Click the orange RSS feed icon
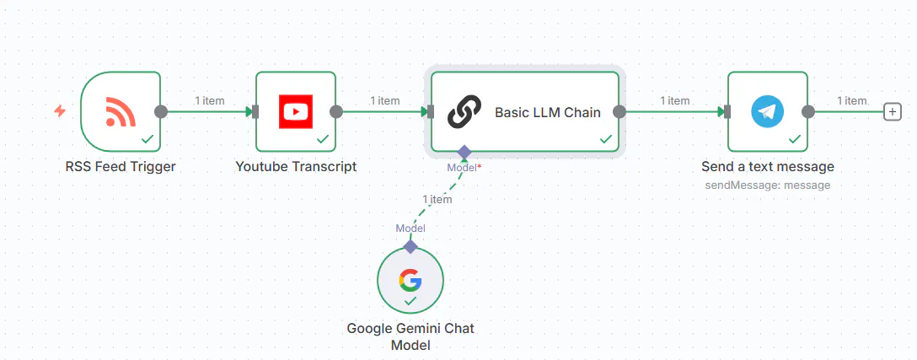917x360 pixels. pos(121,111)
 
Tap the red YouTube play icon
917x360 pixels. pos(296,111)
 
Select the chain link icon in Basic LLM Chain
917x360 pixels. pos(464,111)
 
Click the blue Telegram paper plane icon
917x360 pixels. pos(767,111)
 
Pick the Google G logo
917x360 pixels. pos(410,279)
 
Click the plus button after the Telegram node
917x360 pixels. pos(892,111)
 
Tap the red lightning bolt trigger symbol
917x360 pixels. pos(60,110)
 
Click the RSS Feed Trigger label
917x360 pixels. pos(121,166)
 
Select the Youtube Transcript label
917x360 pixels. pos(296,166)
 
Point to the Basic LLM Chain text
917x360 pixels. pos(547,111)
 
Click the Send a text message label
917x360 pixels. pos(767,166)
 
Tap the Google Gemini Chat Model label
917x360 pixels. pos(410,336)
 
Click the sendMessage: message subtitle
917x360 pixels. pos(767,185)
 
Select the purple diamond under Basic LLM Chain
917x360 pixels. pos(464,152)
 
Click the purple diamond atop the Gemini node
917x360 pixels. pos(410,246)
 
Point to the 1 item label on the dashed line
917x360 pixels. pos(437,200)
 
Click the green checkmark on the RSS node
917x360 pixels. pos(147,138)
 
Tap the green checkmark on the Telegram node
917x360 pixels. pos(795,138)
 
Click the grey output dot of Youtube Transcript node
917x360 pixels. pos(336,111)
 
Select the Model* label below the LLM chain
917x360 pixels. pos(464,167)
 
